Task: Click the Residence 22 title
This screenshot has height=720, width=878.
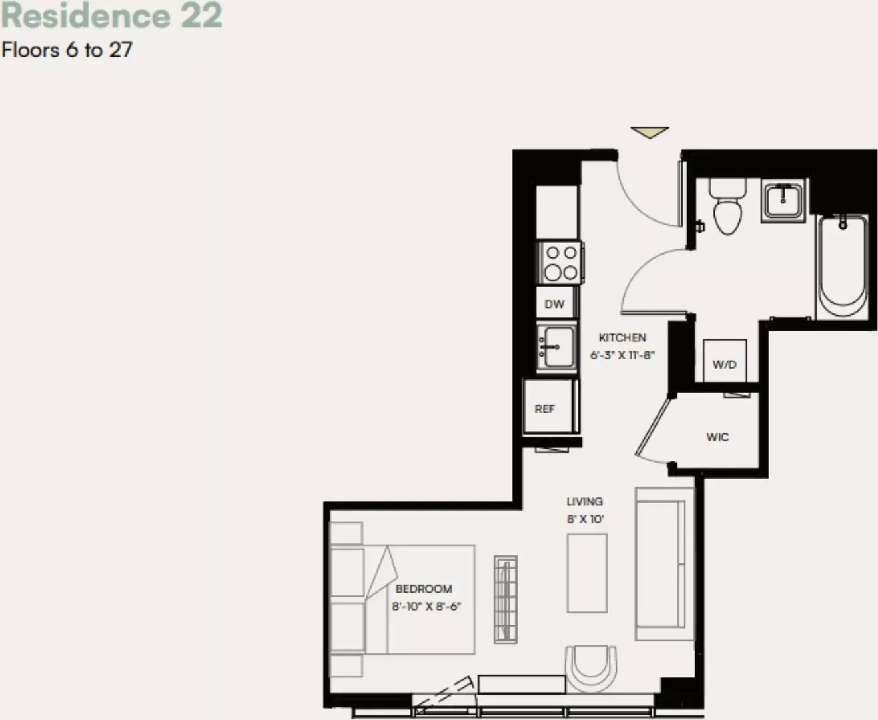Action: (x=111, y=16)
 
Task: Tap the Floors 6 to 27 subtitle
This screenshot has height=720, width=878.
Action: (x=67, y=50)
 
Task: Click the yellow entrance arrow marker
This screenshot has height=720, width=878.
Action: (x=650, y=132)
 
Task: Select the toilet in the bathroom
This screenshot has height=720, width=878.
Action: (x=727, y=207)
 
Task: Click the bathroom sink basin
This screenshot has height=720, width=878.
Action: (x=783, y=201)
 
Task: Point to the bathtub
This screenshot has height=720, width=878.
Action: (x=843, y=267)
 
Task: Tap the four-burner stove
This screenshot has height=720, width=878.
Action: (x=560, y=263)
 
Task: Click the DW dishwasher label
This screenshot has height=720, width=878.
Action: (x=554, y=304)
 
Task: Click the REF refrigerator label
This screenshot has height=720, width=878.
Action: (x=544, y=409)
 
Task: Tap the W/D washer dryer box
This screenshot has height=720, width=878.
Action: (x=725, y=361)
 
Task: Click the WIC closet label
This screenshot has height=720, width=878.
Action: (x=717, y=437)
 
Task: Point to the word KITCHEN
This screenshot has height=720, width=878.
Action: (x=622, y=337)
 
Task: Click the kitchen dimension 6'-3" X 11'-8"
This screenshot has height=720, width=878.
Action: (x=622, y=355)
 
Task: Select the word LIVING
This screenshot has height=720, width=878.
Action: (x=584, y=501)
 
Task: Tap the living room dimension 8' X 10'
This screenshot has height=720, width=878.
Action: (x=585, y=519)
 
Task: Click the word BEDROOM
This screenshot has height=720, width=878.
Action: (x=424, y=589)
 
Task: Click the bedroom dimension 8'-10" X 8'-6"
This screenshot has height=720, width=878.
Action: (x=427, y=606)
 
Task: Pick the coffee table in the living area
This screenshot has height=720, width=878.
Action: (x=587, y=573)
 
